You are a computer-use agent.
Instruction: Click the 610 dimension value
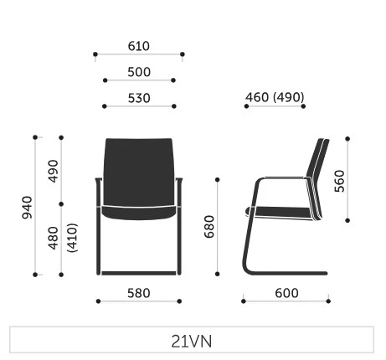[x=139, y=46]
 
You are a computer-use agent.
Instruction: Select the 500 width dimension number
[x=139, y=72]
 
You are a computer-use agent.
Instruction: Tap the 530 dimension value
[x=139, y=98]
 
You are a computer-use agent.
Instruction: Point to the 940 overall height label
[x=27, y=208]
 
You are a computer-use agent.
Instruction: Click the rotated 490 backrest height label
[x=53, y=171]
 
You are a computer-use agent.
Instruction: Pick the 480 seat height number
[x=53, y=238]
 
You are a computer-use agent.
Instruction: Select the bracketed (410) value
[x=72, y=238]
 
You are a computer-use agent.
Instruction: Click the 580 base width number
[x=139, y=293]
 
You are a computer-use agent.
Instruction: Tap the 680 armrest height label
[x=209, y=227]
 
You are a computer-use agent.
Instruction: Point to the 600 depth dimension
[x=286, y=293]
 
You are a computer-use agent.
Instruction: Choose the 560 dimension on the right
[x=339, y=181]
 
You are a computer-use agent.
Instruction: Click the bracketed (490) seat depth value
[x=289, y=97]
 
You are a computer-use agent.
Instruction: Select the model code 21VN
[x=192, y=342]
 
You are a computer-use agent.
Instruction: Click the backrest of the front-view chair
[x=139, y=172]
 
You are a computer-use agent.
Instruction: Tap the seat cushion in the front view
[x=139, y=213]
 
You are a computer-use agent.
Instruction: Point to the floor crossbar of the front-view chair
[x=139, y=273]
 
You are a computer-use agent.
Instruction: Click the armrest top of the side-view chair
[x=284, y=177]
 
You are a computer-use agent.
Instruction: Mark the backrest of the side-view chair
[x=318, y=178]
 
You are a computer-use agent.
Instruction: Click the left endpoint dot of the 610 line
[x=95, y=54]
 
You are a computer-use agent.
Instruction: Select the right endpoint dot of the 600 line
[x=328, y=301]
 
